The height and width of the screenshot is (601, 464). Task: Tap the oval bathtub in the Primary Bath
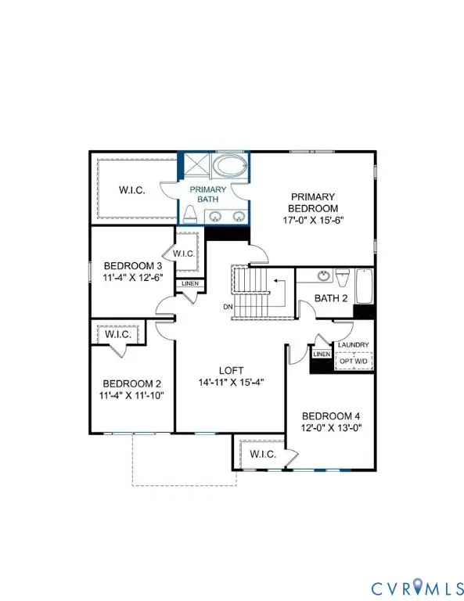[x=229, y=167]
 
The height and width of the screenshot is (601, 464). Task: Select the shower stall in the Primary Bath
[x=196, y=167]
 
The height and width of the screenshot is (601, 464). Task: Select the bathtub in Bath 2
[x=364, y=287]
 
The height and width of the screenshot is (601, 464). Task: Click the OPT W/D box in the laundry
[x=353, y=360]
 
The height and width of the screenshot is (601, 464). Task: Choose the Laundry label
[x=353, y=344]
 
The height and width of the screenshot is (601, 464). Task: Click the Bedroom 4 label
[x=330, y=416]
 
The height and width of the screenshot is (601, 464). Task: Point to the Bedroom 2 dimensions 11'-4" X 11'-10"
[x=131, y=396]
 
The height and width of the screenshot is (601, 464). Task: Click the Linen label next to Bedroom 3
[x=190, y=283]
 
